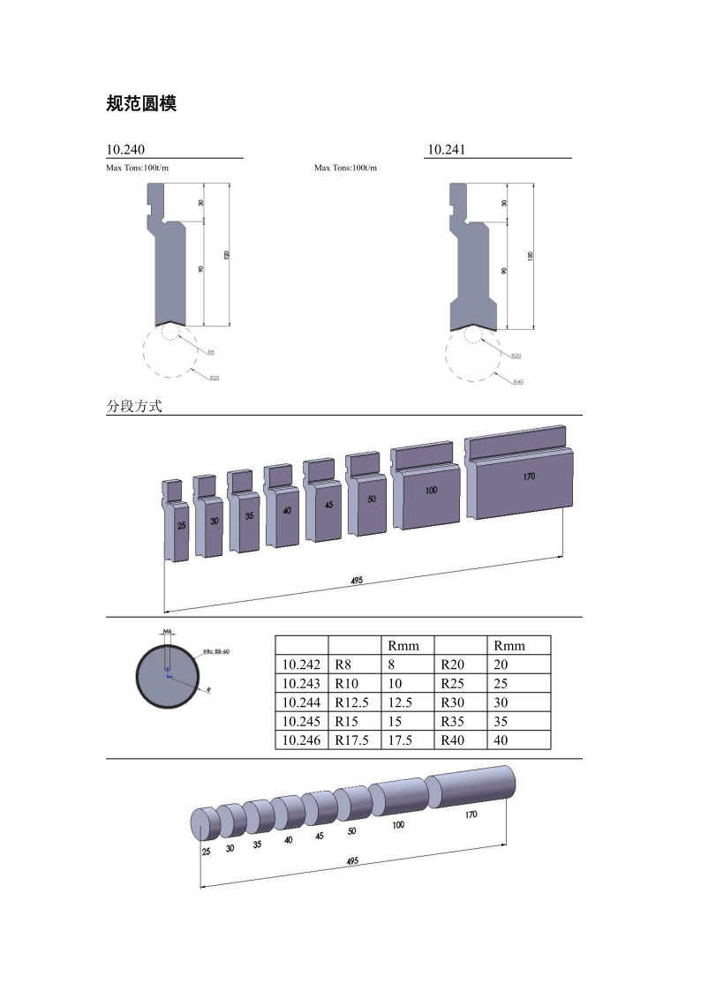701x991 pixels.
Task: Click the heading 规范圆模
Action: click(x=141, y=104)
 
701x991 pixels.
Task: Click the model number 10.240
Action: click(x=126, y=150)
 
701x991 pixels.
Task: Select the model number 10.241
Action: click(x=446, y=150)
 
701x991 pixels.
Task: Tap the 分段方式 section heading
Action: click(x=134, y=407)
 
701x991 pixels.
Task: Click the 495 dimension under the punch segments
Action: click(x=357, y=580)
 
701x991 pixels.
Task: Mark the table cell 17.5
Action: click(x=400, y=740)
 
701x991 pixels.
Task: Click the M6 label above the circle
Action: click(x=168, y=632)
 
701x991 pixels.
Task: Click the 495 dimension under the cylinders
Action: click(x=352, y=861)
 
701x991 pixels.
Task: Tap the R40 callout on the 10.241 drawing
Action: click(x=518, y=381)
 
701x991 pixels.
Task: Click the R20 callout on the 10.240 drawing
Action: click(x=214, y=377)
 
